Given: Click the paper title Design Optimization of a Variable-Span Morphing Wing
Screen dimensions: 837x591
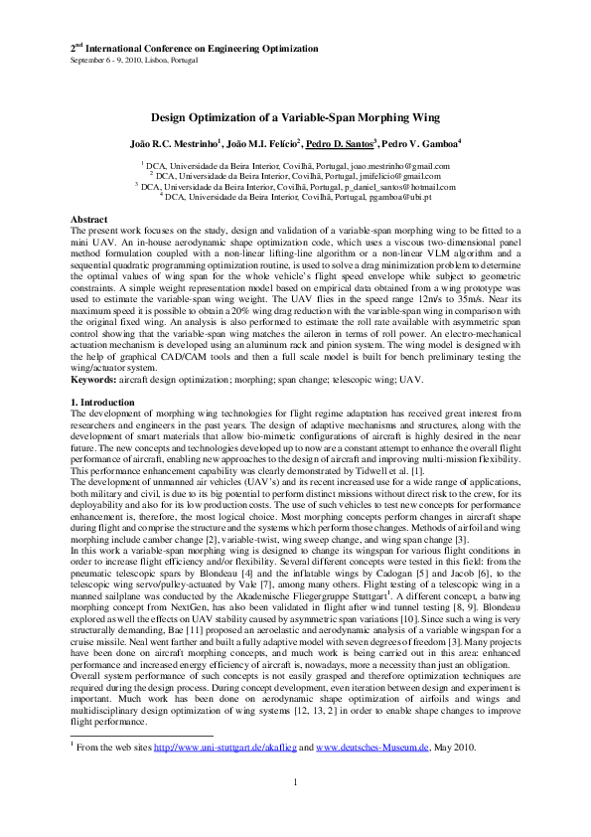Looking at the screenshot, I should [295, 117].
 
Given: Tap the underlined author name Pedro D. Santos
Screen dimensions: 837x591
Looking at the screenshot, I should [336, 143].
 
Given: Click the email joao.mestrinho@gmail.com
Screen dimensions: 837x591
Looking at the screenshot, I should [399, 166].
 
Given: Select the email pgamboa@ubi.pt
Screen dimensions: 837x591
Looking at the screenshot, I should [395, 197].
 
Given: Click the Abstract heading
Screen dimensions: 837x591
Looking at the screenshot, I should [88, 218].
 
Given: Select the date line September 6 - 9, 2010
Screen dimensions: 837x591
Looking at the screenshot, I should [133, 60].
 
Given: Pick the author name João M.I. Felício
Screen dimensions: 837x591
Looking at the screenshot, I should [258, 143].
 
